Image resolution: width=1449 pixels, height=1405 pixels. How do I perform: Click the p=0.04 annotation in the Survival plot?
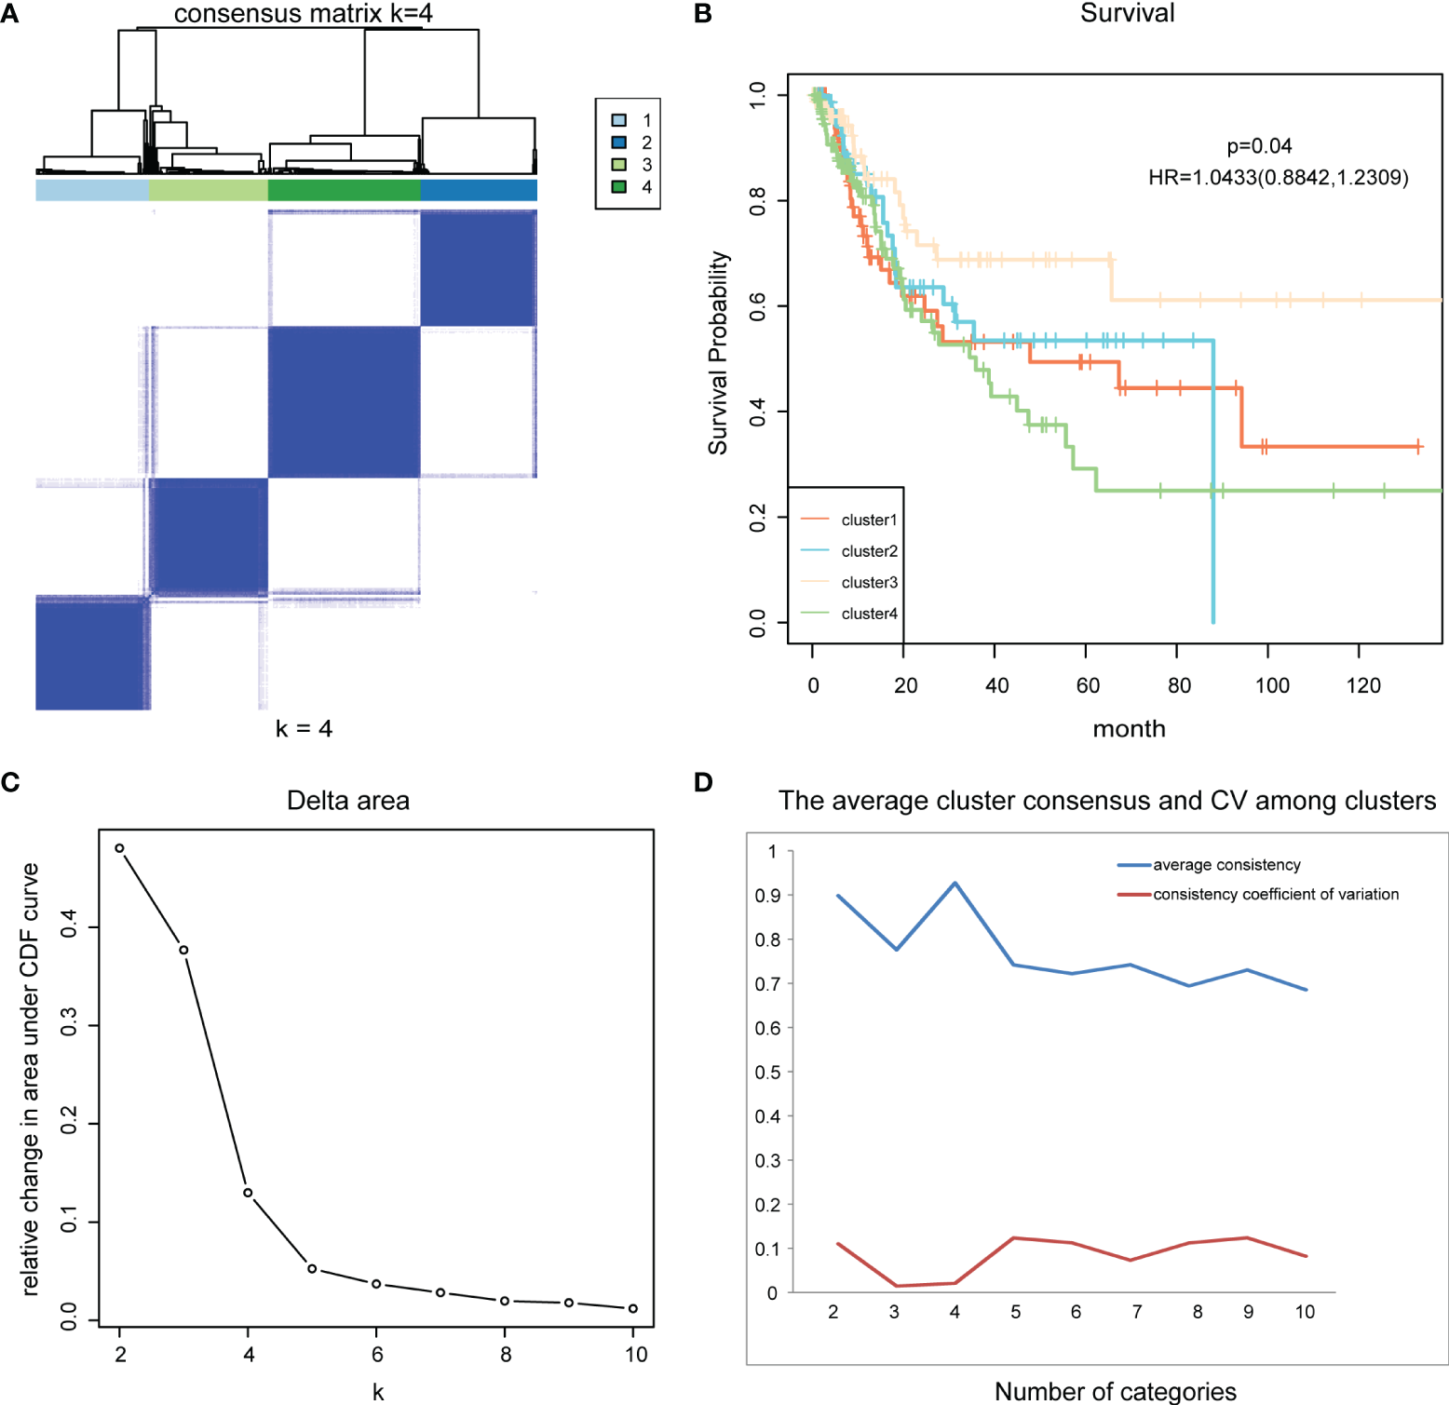pos(1259,146)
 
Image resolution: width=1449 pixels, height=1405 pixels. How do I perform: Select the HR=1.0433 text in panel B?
pos(1278,178)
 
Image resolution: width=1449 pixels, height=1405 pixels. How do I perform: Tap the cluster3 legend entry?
pos(869,583)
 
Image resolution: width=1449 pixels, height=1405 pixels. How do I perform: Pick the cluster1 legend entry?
pos(869,520)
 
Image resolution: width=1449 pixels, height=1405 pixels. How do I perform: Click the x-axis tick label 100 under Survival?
pos(1272,686)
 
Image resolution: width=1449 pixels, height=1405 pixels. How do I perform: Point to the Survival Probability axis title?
pos(718,353)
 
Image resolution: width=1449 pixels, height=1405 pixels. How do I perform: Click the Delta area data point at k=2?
pos(119,848)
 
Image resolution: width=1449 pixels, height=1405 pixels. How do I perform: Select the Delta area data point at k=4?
pos(248,1193)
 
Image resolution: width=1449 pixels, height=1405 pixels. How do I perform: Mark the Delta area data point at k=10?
pos(633,1309)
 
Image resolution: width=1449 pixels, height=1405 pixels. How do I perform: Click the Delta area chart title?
pos(347,801)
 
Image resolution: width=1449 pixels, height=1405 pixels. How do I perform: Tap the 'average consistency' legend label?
pos(1226,865)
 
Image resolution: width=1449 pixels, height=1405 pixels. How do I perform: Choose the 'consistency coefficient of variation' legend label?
pos(1276,895)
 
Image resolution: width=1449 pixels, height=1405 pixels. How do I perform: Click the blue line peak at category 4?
pos(955,884)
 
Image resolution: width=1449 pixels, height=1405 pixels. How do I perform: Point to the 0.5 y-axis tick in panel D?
pos(767,1073)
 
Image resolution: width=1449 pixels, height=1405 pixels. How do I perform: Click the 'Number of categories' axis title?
pos(1115,1391)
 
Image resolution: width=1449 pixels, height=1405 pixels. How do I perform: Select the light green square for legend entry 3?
pos(619,165)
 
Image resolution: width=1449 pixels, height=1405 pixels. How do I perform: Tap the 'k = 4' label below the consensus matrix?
pos(304,729)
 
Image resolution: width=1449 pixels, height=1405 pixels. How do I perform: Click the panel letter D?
pos(704,782)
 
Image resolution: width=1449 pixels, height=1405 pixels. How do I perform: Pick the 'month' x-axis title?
pos(1129,729)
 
